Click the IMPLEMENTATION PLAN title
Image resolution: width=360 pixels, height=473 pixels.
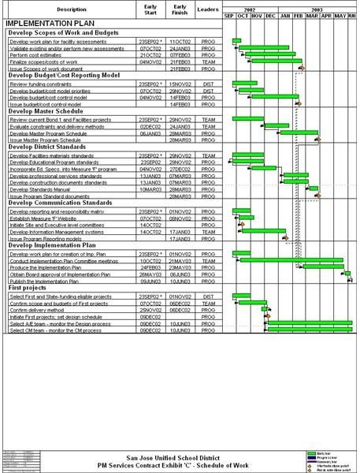pos(44,24)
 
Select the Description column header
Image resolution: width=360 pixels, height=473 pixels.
pos(72,9)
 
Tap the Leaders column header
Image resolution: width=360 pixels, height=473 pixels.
pos(208,9)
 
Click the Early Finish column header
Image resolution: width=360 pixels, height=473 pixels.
pos(180,9)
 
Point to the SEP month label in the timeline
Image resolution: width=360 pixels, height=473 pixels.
pos(229,15)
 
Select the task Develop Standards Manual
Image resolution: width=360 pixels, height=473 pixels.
pos(43,189)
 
